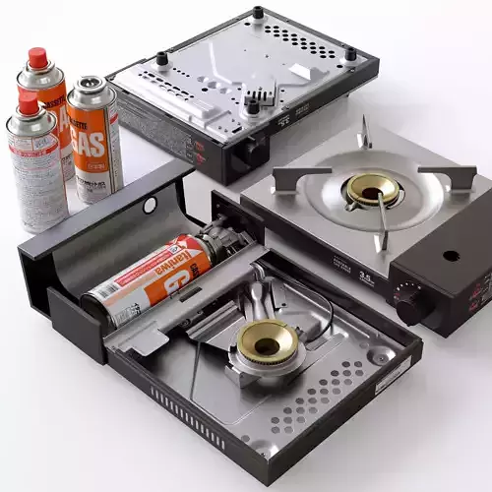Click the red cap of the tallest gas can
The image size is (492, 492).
[38, 58]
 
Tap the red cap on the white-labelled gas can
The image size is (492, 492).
[29, 102]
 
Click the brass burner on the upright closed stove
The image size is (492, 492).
[372, 190]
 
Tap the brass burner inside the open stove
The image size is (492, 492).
[265, 339]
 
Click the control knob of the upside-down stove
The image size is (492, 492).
[253, 151]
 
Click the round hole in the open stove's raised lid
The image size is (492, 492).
[150, 205]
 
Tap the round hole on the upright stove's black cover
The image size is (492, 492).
[451, 256]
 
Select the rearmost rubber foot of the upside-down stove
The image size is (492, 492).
[258, 13]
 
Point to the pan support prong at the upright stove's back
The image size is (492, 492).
[365, 132]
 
